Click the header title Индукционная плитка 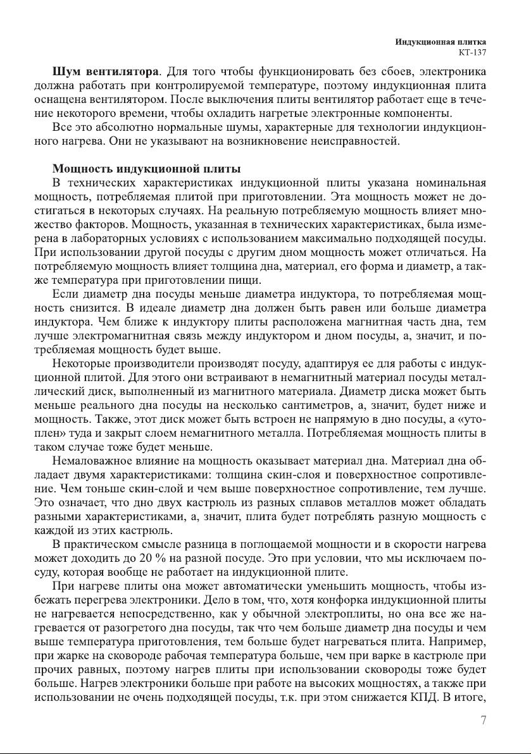point(445,41)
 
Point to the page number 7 point(483,720)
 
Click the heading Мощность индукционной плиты point(146,169)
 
